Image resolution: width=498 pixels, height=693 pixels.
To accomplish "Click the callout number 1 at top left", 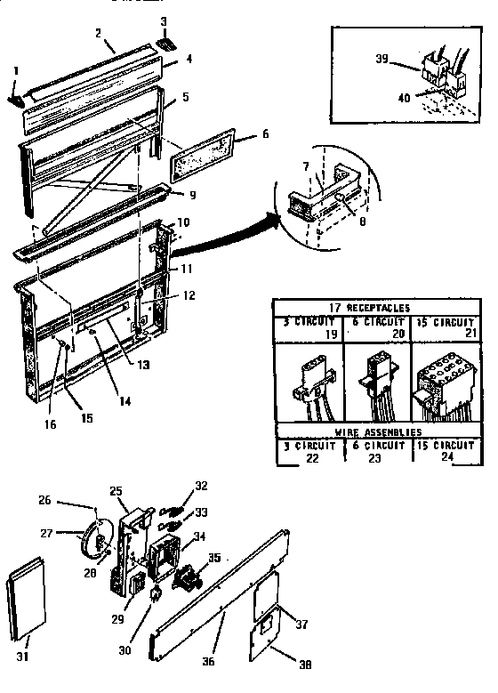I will click(15, 69).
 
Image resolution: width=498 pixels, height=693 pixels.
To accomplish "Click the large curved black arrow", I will click(229, 234).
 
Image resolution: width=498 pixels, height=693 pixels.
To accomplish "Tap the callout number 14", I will click(124, 402).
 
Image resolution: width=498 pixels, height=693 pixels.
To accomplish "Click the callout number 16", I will click(50, 424).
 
